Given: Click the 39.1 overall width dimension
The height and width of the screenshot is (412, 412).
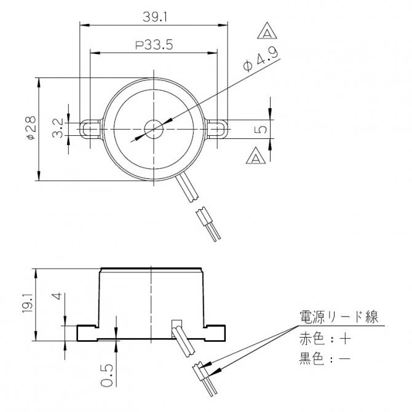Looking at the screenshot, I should pos(154,17).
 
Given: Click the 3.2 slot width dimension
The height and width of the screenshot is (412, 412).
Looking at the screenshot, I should pos(58,129).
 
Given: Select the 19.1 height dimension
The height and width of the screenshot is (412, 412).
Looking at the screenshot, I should pos(28,305).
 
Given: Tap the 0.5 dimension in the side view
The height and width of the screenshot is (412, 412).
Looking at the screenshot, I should pos(106,374).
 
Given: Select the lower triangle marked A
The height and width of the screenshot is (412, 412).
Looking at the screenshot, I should pos(256,157).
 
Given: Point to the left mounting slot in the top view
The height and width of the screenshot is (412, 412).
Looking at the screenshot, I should pos(90,129).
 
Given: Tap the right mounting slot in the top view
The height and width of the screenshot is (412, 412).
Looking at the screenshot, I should pos(217,129).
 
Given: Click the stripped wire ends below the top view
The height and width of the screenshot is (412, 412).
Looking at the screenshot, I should pos(208,225).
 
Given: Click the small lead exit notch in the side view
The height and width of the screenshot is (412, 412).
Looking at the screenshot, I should pos(175,323).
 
